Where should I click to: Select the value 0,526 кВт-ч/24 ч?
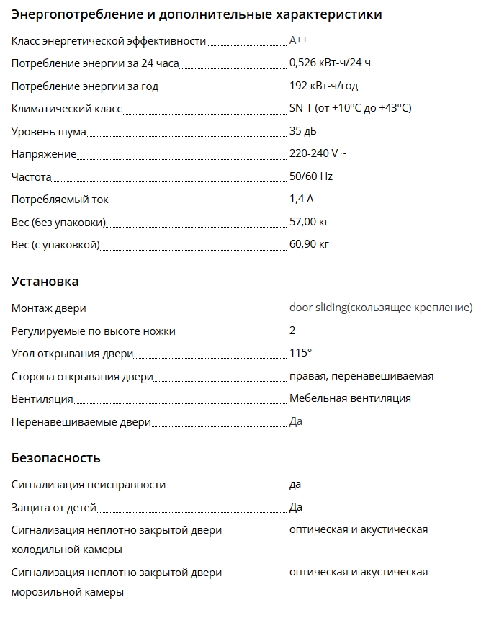click(x=330, y=63)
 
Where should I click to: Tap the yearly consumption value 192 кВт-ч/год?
click(x=323, y=86)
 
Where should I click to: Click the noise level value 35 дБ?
click(x=302, y=132)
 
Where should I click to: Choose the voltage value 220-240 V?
click(x=318, y=154)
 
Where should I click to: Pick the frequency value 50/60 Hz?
click(x=310, y=176)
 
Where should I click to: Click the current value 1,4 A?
click(x=301, y=200)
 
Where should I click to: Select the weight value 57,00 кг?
click(x=309, y=222)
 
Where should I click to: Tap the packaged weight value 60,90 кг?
click(x=309, y=245)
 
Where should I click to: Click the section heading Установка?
click(x=45, y=282)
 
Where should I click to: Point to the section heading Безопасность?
click(x=56, y=458)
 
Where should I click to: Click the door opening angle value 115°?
click(x=300, y=353)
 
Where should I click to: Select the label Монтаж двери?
click(x=48, y=308)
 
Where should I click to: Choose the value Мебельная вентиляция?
click(x=350, y=398)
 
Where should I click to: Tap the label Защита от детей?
click(x=54, y=508)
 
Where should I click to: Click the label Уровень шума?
click(x=48, y=132)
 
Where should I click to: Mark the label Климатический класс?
click(x=66, y=109)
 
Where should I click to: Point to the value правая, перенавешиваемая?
click(x=361, y=376)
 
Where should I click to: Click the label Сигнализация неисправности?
click(x=89, y=485)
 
